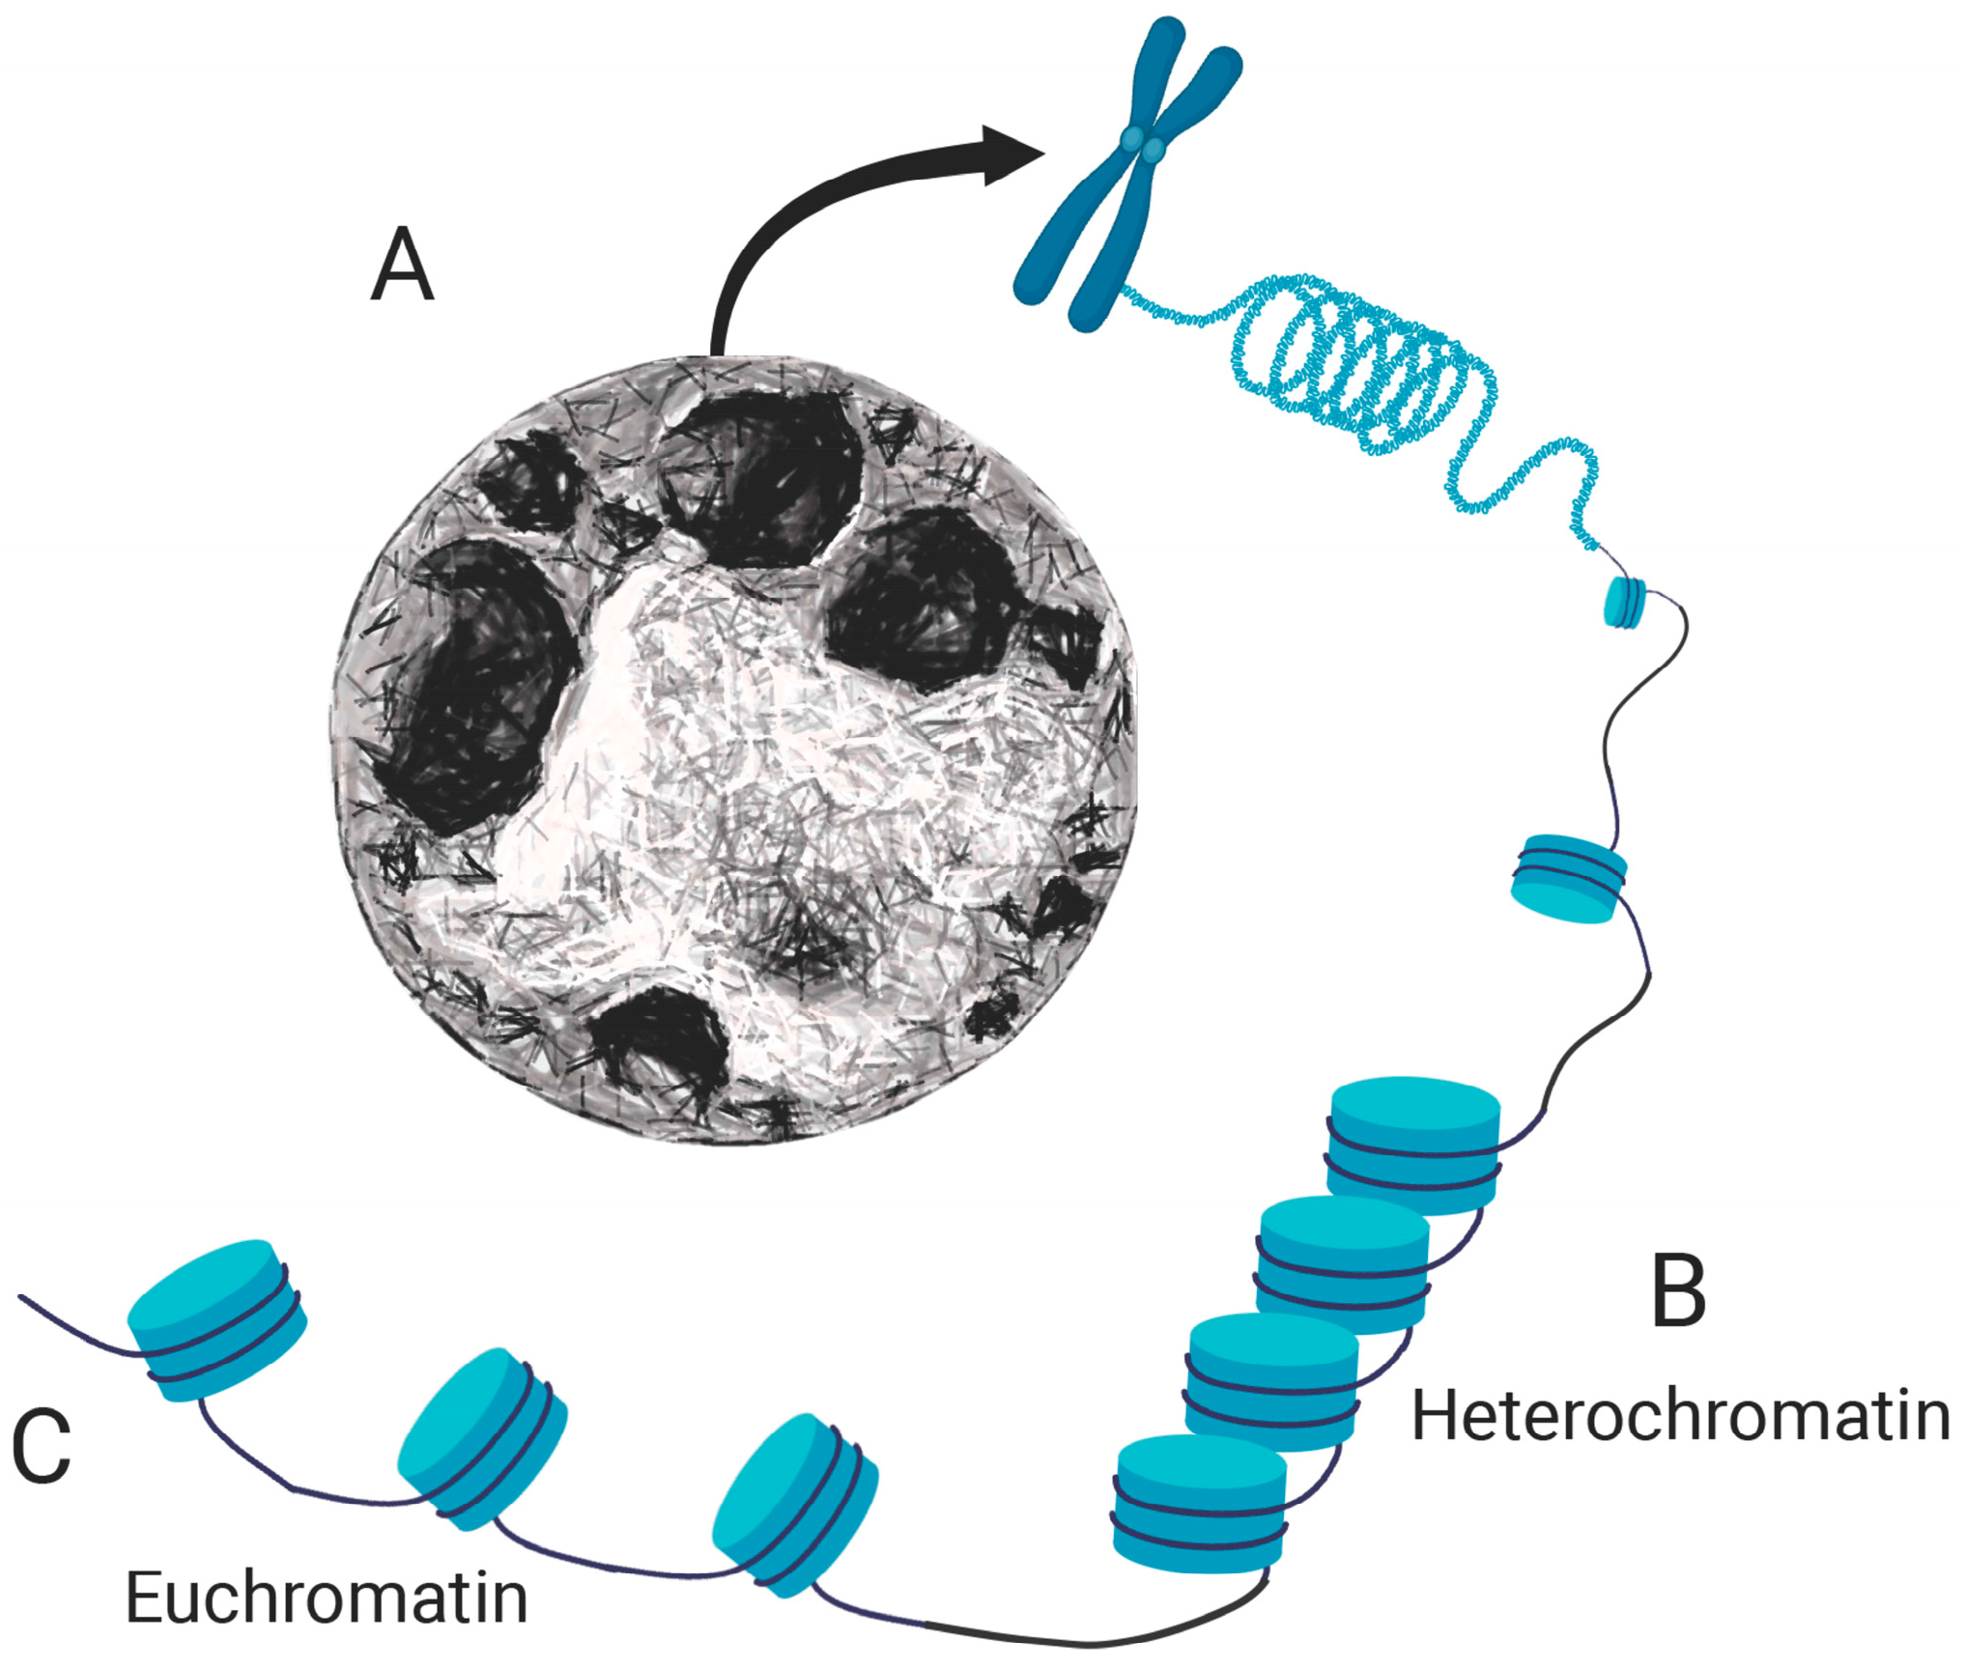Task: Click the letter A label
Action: pos(402,265)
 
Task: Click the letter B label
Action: pos(1679,1291)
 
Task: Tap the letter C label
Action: pos(42,1446)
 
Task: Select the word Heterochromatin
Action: pos(1680,1417)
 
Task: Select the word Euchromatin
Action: pos(327,1598)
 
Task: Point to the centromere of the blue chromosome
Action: pos(1143,145)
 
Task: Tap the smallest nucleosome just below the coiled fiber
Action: pos(1624,602)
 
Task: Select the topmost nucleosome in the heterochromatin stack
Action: pos(1414,1145)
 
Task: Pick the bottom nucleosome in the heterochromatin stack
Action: pos(1199,1503)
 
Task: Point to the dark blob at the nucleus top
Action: pos(763,478)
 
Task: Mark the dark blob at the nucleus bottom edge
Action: pos(662,1043)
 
